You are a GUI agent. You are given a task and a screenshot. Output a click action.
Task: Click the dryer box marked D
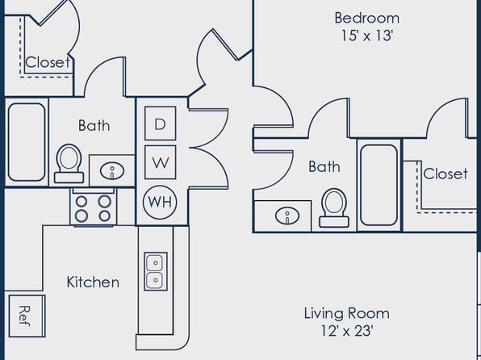[160, 123]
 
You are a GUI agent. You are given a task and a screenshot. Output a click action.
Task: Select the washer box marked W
[160, 162]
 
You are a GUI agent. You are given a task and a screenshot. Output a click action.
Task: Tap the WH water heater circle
[160, 202]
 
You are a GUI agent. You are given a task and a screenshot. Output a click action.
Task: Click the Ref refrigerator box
[27, 316]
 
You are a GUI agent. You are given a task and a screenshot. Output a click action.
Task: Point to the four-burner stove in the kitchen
[94, 207]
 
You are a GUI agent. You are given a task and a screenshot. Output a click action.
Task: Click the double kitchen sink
[156, 271]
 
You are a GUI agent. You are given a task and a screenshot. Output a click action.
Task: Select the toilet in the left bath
[69, 164]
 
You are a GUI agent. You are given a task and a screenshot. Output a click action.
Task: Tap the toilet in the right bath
[334, 207]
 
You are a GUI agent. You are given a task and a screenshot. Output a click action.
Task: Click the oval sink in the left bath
[112, 171]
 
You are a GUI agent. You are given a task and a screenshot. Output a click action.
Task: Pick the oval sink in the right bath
[287, 216]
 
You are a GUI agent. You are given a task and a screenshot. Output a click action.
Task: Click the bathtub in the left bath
[27, 142]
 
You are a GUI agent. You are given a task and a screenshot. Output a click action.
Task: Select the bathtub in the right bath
[379, 185]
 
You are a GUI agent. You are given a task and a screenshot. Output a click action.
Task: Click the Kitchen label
[93, 282]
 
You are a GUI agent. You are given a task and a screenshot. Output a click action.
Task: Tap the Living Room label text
[347, 314]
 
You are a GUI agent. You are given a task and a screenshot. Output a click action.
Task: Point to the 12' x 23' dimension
[347, 331]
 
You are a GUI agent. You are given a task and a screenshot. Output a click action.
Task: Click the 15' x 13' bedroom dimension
[367, 36]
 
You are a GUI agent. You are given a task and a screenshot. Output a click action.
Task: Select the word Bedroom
[367, 18]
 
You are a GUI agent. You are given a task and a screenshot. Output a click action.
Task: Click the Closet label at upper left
[48, 62]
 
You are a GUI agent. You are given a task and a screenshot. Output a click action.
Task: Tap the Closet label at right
[445, 174]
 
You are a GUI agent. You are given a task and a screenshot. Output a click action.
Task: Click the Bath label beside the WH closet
[94, 125]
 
